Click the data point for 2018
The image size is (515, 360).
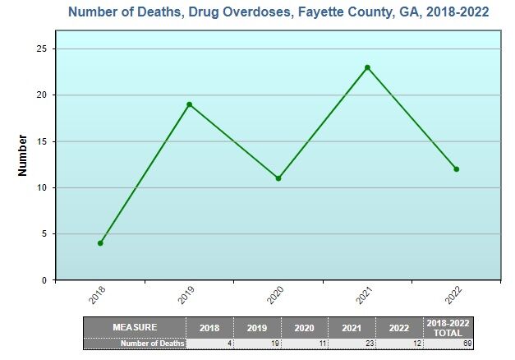tap(100, 243)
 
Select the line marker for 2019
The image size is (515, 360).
tap(189, 104)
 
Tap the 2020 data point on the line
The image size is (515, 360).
tap(278, 178)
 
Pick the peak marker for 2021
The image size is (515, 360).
tap(367, 67)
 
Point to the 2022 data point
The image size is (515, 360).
tap(457, 169)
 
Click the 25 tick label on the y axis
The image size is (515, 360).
tap(40, 48)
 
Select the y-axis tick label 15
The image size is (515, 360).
tap(40, 141)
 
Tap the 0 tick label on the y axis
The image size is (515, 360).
tap(44, 280)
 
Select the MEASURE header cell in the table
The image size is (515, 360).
tap(135, 327)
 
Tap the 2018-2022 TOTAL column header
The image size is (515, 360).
tap(448, 327)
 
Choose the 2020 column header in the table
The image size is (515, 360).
tap(305, 327)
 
